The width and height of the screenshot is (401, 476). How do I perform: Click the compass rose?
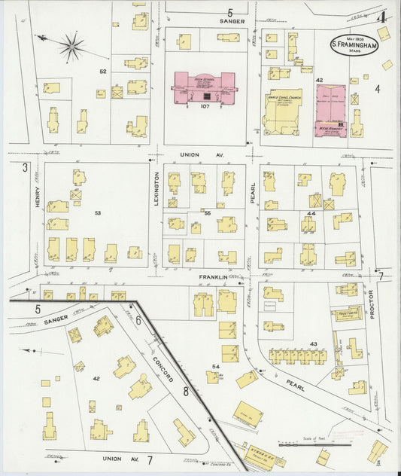click(72, 47)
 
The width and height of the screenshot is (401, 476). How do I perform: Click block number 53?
click(98, 213)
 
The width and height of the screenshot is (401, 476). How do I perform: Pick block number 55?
click(207, 213)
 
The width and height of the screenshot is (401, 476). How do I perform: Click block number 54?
click(216, 366)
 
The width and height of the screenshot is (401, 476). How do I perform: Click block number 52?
click(103, 72)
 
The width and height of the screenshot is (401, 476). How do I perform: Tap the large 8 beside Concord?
click(185, 391)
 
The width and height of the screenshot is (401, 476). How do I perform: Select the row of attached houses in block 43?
click(299, 356)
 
